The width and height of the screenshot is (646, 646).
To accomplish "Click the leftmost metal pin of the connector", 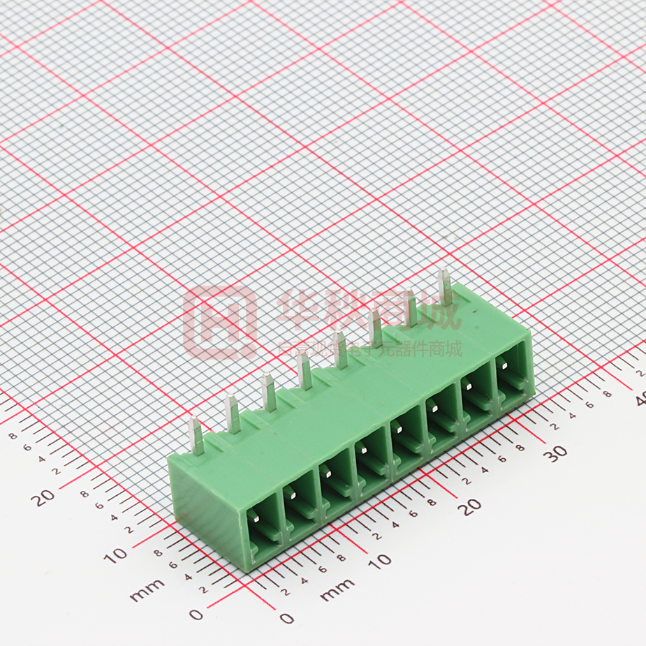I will (196, 436).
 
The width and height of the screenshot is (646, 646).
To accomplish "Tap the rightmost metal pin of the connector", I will (444, 287).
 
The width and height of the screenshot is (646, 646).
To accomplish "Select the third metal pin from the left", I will (268, 392).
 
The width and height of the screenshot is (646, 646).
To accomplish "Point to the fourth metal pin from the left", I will (304, 372).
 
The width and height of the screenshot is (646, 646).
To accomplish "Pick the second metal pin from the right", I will (411, 309).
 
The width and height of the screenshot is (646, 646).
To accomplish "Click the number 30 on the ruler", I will (555, 453).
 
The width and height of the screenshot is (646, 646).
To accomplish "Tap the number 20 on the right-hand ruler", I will (473, 506).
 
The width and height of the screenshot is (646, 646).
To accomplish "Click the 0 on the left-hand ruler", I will (196, 614).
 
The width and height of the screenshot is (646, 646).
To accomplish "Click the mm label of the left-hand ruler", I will (147, 590).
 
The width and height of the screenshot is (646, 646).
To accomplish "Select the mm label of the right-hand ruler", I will (337, 590).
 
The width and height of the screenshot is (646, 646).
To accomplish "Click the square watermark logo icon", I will (219, 322).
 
